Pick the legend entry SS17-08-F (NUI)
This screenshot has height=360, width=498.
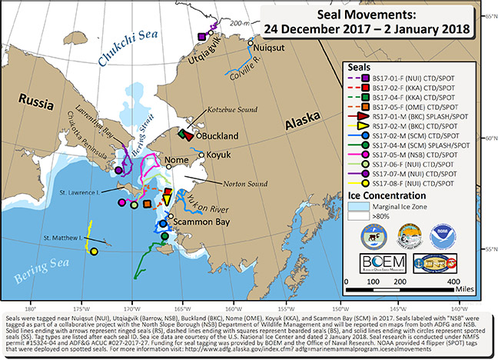click(421, 183)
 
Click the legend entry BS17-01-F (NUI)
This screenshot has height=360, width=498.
click(421, 77)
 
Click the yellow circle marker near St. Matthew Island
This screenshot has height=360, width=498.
click(94, 252)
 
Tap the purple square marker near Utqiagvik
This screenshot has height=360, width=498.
click(201, 35)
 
